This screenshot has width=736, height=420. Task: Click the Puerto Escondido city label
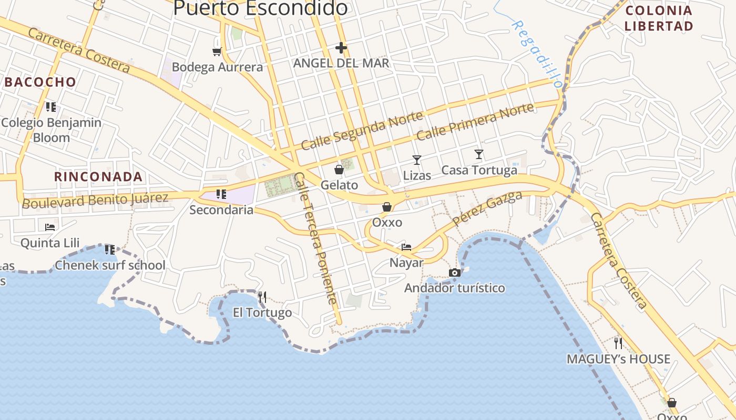coord(260,8)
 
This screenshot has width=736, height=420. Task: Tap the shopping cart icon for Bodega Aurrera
coord(217,51)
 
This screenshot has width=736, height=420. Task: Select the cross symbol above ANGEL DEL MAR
coord(341,48)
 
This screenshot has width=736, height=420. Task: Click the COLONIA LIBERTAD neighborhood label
coord(658,18)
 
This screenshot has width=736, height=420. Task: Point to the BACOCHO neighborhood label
coord(40,82)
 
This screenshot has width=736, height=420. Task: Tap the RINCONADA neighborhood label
coord(98,177)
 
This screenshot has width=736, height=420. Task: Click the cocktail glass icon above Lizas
coord(417,160)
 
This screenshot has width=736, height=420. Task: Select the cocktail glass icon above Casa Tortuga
coord(479,154)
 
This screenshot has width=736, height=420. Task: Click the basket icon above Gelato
coord(339,170)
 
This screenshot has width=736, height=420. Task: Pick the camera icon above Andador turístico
coord(455,272)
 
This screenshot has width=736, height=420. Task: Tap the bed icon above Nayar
coord(406,247)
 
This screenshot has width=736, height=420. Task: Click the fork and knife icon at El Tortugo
coord(262,298)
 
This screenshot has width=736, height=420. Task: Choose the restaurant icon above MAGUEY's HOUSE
coord(618,343)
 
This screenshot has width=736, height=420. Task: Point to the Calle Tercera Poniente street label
coord(315,239)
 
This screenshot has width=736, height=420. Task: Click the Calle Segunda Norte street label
coord(362,131)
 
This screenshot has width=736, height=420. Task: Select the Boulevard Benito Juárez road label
coord(95,200)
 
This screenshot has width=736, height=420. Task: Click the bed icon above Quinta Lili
coord(50,227)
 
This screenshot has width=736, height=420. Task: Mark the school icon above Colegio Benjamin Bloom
coord(51,107)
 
